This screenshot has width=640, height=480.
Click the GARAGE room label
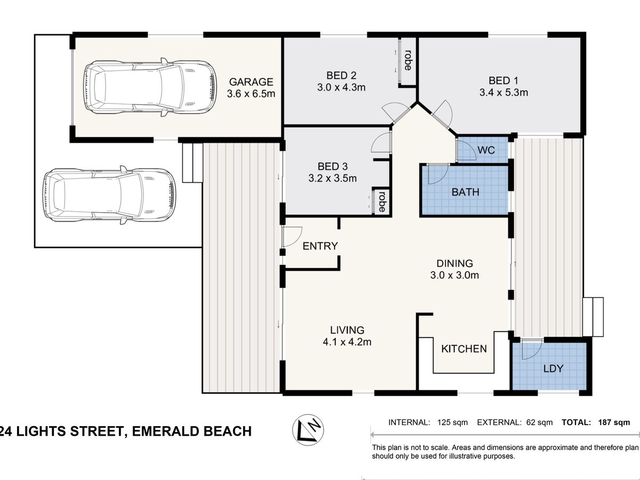click(251, 82)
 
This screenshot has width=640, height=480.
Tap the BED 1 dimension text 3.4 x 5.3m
click(503, 93)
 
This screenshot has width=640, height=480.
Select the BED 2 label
click(341, 76)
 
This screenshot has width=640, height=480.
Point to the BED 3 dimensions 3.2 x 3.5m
click(332, 178)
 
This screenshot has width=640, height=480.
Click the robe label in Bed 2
click(408, 60)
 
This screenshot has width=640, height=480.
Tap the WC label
click(486, 150)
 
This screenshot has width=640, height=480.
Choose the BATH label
click(466, 192)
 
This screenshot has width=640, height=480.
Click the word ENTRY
click(320, 246)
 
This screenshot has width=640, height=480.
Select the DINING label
click(454, 263)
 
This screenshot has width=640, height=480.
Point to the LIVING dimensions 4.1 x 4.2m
click(347, 341)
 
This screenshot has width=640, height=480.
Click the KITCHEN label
click(464, 349)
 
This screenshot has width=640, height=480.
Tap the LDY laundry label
click(553, 369)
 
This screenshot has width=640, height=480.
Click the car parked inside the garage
click(150, 87)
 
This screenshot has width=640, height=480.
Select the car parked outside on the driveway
click(109, 195)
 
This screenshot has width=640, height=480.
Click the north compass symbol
click(308, 429)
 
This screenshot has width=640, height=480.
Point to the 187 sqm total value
click(614, 422)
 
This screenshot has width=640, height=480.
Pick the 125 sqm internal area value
click(452, 422)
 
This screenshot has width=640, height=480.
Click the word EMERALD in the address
click(164, 431)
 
